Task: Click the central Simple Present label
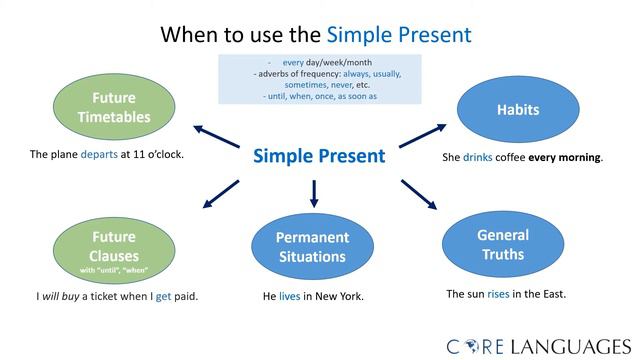tap(318, 156)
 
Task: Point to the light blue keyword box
tap(318, 80)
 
